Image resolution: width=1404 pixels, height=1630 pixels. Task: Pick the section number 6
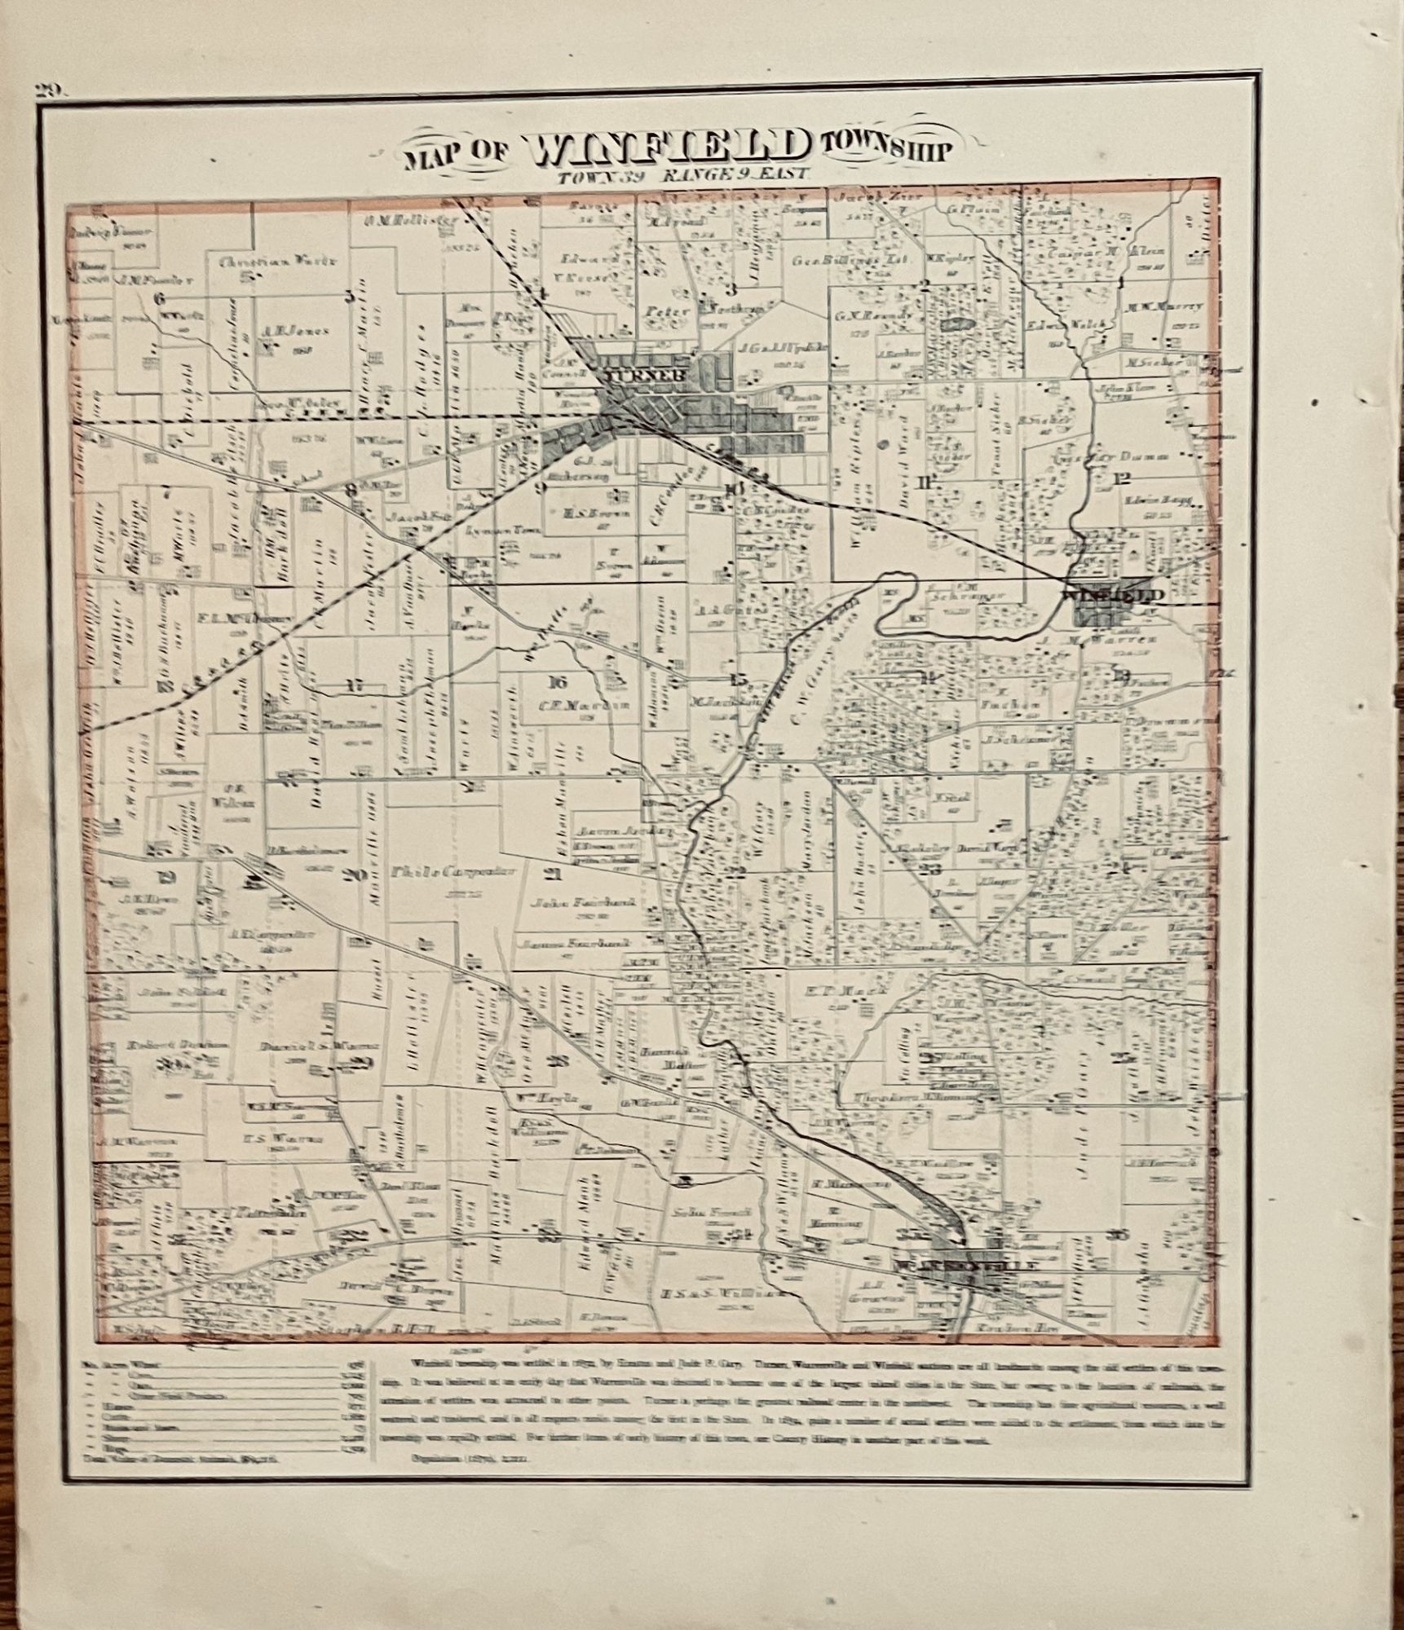160,298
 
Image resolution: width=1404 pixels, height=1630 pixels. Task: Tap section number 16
558,682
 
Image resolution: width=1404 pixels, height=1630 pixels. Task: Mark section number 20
353,875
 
